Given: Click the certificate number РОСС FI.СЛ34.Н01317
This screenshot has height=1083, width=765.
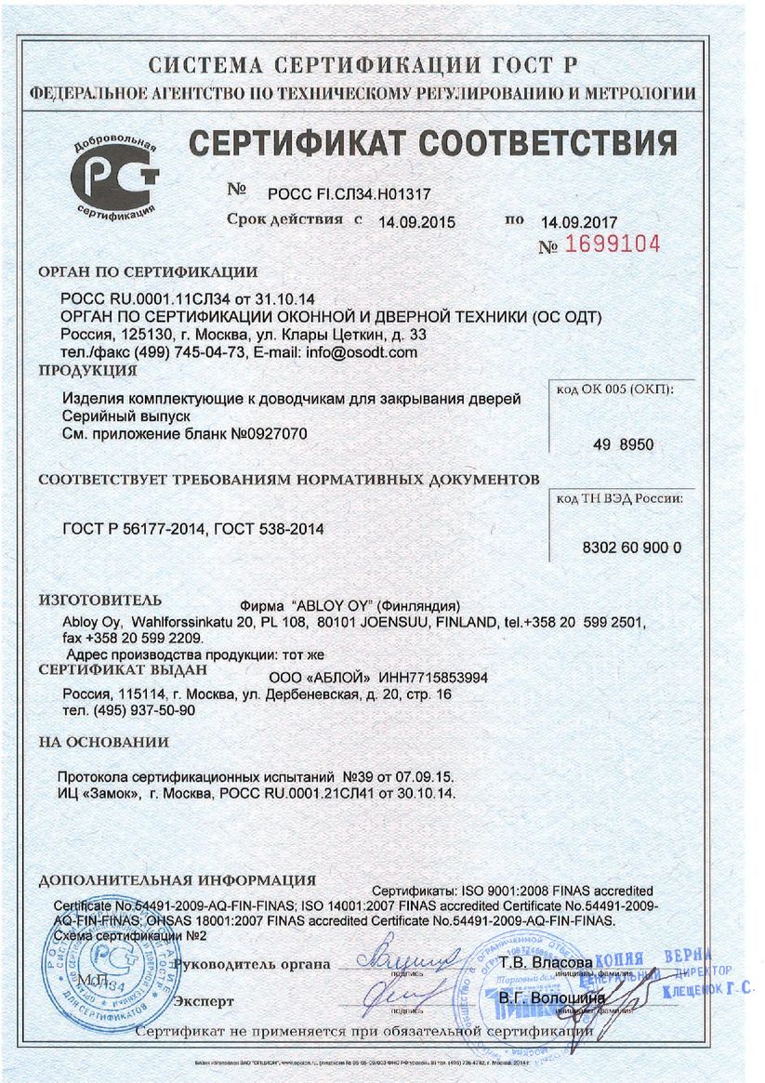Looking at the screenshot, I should coord(350,193).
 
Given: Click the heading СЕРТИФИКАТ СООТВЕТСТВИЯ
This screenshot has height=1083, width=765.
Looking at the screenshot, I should coord(432,144).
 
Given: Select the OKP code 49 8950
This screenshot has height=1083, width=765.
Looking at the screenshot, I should coord(623,445).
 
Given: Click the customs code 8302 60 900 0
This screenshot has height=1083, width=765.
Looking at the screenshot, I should coord(632,548).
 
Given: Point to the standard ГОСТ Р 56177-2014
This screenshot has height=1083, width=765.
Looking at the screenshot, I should coord(133,530).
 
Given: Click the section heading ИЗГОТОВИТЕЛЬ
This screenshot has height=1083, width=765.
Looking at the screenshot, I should coord(99,599).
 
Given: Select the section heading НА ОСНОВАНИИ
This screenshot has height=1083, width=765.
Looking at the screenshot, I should coord(103,742).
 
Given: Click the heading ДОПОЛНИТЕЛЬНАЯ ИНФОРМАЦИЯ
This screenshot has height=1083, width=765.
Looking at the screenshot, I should coord(178,879).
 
